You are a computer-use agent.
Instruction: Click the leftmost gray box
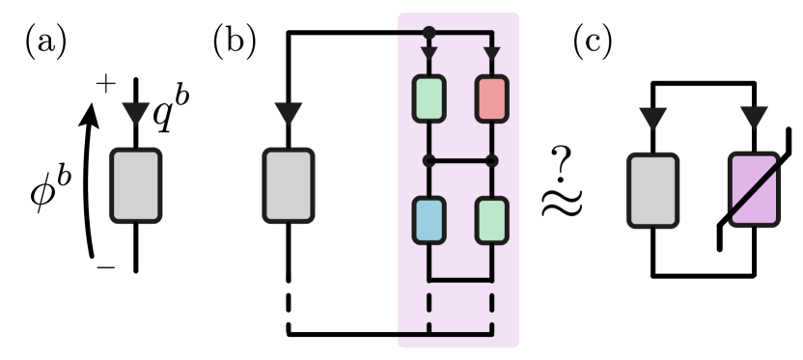(135, 185)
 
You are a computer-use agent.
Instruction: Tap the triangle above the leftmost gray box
(135, 114)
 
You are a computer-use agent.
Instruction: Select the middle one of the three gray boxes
(289, 185)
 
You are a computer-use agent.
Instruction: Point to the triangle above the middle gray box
(289, 114)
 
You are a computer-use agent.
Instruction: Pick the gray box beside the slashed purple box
(653, 190)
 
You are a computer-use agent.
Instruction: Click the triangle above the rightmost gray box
(653, 119)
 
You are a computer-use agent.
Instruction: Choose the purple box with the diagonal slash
(753, 190)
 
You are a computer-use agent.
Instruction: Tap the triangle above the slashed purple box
(753, 119)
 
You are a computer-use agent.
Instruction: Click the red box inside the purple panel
(491, 98)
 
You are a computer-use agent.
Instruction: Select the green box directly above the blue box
(429, 98)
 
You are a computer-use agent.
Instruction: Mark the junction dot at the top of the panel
(429, 33)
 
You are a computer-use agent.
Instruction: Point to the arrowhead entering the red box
(491, 52)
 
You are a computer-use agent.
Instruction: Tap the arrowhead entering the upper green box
(429, 52)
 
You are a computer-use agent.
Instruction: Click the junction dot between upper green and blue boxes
(429, 160)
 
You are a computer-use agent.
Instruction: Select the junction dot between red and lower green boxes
(491, 160)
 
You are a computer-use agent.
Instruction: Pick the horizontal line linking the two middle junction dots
(459, 160)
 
